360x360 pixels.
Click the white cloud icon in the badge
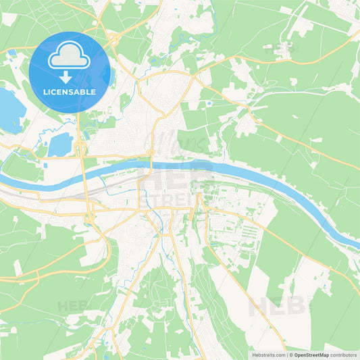point(70,55)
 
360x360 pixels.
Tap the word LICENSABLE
point(70,92)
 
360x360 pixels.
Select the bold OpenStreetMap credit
point(315,354)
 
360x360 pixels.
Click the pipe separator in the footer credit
point(288,354)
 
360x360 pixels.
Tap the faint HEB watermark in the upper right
point(280,49)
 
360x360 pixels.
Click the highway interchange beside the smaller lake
point(80,149)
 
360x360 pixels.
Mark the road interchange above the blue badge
point(111,39)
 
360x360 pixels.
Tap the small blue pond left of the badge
point(11,52)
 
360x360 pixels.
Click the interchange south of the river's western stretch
point(89,218)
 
